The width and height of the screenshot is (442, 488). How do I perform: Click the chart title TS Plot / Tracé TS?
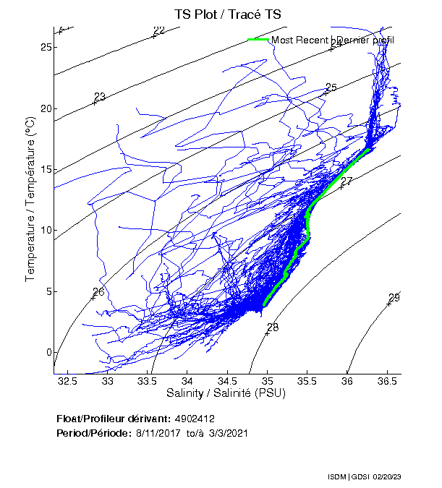226,14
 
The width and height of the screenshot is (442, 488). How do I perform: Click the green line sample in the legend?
258,40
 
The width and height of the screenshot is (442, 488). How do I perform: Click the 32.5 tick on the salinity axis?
67,380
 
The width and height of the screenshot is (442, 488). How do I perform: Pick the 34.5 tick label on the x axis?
227,380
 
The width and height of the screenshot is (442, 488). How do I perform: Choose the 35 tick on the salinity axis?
268,380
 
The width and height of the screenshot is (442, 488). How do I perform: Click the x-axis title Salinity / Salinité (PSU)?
227,393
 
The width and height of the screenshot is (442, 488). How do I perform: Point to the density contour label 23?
100,97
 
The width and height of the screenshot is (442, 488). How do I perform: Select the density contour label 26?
99,291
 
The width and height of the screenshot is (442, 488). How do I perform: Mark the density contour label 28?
273,328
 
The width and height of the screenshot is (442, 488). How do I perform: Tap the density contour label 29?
394,298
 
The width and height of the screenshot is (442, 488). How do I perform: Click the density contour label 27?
347,181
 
